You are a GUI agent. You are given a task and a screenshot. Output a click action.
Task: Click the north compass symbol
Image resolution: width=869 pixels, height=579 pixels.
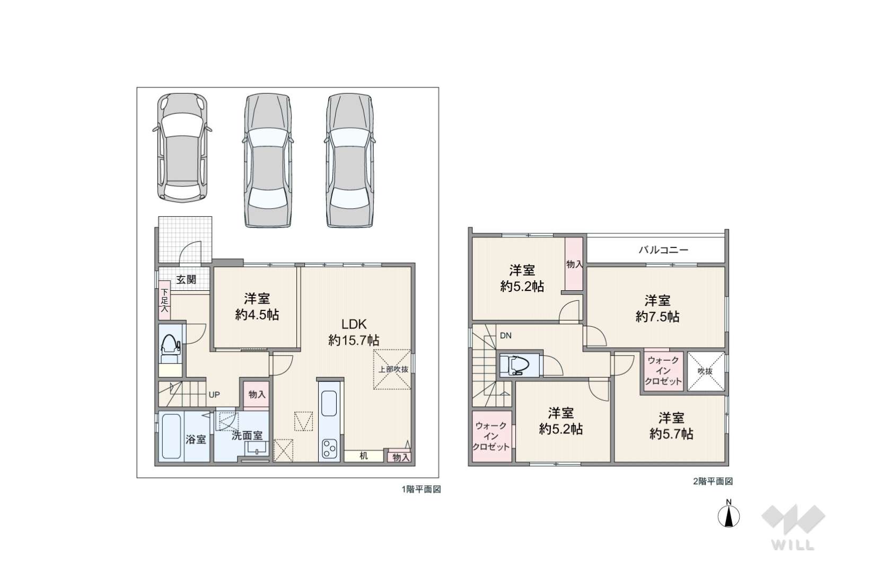(x=728, y=515)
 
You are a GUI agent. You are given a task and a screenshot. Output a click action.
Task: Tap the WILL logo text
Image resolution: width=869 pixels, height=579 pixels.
(x=793, y=545)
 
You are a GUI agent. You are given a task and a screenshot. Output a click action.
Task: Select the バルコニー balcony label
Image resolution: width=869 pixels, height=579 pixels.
(x=663, y=250)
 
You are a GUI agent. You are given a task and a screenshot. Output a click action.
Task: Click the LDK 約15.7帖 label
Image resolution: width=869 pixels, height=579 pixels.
(x=354, y=332)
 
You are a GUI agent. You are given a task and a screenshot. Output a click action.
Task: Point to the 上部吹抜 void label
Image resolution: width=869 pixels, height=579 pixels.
(x=393, y=369)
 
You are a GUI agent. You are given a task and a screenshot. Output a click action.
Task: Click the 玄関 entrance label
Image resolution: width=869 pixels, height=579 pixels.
(x=186, y=279)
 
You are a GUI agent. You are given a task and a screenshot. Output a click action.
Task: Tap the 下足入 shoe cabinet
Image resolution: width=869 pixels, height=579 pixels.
(x=164, y=300)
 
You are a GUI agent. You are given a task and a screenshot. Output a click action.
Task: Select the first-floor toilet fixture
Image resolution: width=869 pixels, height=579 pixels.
(x=170, y=349)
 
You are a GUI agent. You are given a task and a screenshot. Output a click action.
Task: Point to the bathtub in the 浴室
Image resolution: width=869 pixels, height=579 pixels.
(x=171, y=437)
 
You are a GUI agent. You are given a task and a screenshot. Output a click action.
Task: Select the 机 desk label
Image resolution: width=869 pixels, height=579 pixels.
(x=363, y=456)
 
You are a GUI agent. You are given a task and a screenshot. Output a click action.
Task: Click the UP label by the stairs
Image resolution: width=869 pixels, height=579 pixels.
(x=214, y=395)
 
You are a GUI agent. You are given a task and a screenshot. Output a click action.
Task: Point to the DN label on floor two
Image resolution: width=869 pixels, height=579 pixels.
(x=505, y=336)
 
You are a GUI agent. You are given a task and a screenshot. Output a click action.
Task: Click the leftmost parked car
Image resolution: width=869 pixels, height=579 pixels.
(x=182, y=148)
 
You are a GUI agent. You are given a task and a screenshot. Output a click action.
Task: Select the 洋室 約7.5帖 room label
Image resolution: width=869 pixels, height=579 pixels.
(x=657, y=308)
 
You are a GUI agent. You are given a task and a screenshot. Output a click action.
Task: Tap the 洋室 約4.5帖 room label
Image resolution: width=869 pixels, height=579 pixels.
(x=257, y=307)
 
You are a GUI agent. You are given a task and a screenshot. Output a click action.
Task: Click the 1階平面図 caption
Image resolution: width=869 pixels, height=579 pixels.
(x=422, y=489)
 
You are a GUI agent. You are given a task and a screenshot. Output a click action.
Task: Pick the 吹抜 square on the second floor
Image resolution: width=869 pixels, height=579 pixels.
(x=706, y=371)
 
